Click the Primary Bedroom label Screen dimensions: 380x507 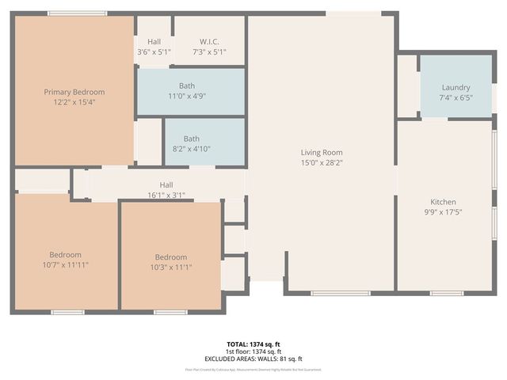74,92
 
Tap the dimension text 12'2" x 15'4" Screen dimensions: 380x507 74,102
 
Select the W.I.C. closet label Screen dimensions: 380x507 209,41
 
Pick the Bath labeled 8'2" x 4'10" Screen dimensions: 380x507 192,139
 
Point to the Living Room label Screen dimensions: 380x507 321,152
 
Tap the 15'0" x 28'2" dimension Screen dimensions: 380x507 321,162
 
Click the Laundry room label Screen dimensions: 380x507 456,87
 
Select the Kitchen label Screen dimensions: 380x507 443,202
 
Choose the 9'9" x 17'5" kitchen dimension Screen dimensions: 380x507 443,212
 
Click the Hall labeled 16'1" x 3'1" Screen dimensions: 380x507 166,184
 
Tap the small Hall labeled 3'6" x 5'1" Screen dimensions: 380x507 154,41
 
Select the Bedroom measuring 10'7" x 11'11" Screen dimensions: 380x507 65,255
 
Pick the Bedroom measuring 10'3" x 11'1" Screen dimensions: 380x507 170,257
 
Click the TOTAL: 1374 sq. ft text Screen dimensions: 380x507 253,344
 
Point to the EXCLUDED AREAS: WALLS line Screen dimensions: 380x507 253,359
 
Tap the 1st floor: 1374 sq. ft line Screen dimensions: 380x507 253,351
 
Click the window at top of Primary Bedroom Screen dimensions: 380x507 77,13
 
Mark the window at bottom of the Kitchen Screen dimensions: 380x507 447,294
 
